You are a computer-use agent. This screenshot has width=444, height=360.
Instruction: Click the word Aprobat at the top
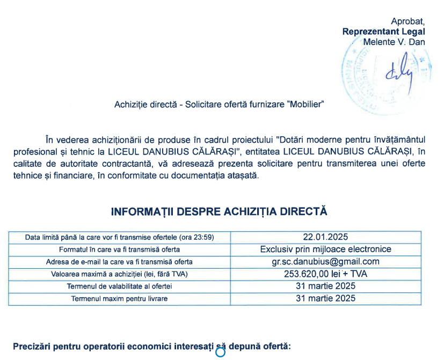pyautogui.click(x=407, y=21)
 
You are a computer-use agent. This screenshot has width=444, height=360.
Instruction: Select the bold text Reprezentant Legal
pyautogui.click(x=383, y=31)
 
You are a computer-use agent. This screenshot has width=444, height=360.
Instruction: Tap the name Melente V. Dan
pyautogui.click(x=394, y=41)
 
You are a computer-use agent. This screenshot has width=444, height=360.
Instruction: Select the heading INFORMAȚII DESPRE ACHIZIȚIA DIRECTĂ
pyautogui.click(x=219, y=211)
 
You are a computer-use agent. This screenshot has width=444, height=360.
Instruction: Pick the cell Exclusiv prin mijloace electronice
pyautogui.click(x=326, y=249)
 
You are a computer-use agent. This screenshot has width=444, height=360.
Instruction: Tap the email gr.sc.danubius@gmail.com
pyautogui.click(x=326, y=262)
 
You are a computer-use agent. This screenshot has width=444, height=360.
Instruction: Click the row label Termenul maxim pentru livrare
pyautogui.click(x=119, y=298)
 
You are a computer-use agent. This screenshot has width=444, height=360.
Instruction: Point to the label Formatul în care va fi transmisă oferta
pyautogui.click(x=119, y=249)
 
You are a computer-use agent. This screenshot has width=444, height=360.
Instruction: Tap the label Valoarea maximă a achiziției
pyautogui.click(x=119, y=274)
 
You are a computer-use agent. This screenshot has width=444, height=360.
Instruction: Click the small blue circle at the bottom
pyautogui.click(x=220, y=352)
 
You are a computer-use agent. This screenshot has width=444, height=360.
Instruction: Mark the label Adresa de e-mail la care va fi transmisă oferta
pyautogui.click(x=119, y=262)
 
